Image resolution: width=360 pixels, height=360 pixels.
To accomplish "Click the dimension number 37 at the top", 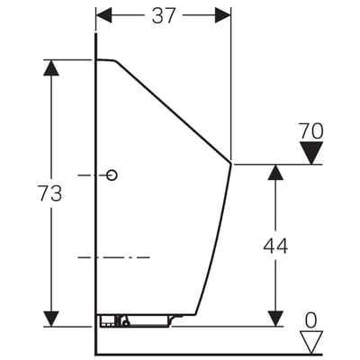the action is pos(163,15).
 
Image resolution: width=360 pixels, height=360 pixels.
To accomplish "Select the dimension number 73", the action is pos(50,193).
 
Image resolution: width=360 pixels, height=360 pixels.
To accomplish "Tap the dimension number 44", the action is pos(275,246).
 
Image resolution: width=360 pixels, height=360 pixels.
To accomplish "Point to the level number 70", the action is pos(311,131).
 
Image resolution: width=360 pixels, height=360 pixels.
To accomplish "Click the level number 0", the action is pos(310,320).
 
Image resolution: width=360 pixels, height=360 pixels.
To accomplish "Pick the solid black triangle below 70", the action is pos(311,153).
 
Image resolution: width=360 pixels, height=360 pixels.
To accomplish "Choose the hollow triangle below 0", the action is pos(311,342).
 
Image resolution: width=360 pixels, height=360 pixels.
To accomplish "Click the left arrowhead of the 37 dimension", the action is pos(103,15).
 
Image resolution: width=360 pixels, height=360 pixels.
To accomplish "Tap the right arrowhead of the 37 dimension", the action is pos(223,15).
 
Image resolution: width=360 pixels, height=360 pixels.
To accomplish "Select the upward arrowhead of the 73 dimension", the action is pos(51,67).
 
